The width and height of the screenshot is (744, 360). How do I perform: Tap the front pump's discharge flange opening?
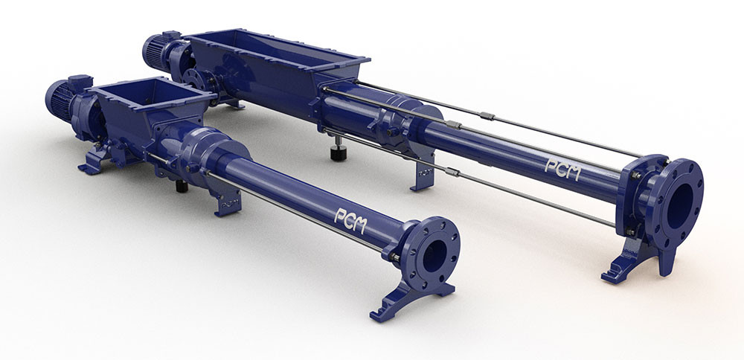click(434, 256)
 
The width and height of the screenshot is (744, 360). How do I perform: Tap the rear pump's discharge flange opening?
click(680, 206)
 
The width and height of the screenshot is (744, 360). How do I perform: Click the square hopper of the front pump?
click(152, 106)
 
